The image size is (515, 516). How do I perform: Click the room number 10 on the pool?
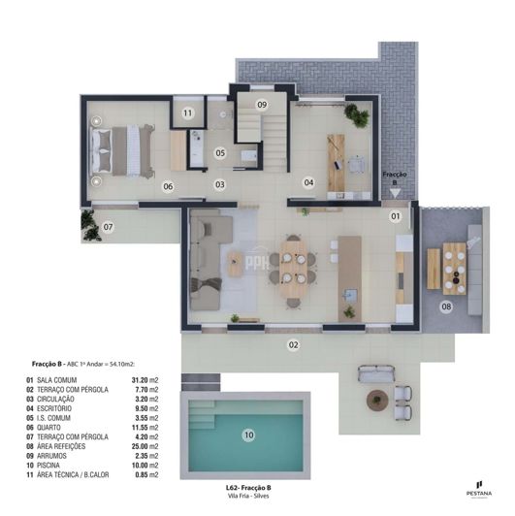point(248,436)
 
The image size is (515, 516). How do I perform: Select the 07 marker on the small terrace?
point(109,228)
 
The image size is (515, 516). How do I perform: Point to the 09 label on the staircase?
point(262,104)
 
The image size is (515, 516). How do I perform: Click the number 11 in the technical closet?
point(187,113)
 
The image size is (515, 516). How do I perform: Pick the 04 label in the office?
point(308,181)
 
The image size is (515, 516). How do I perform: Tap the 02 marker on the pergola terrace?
point(292,343)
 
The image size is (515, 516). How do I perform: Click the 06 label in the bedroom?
point(168,186)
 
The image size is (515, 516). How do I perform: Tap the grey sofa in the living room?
point(206,262)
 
